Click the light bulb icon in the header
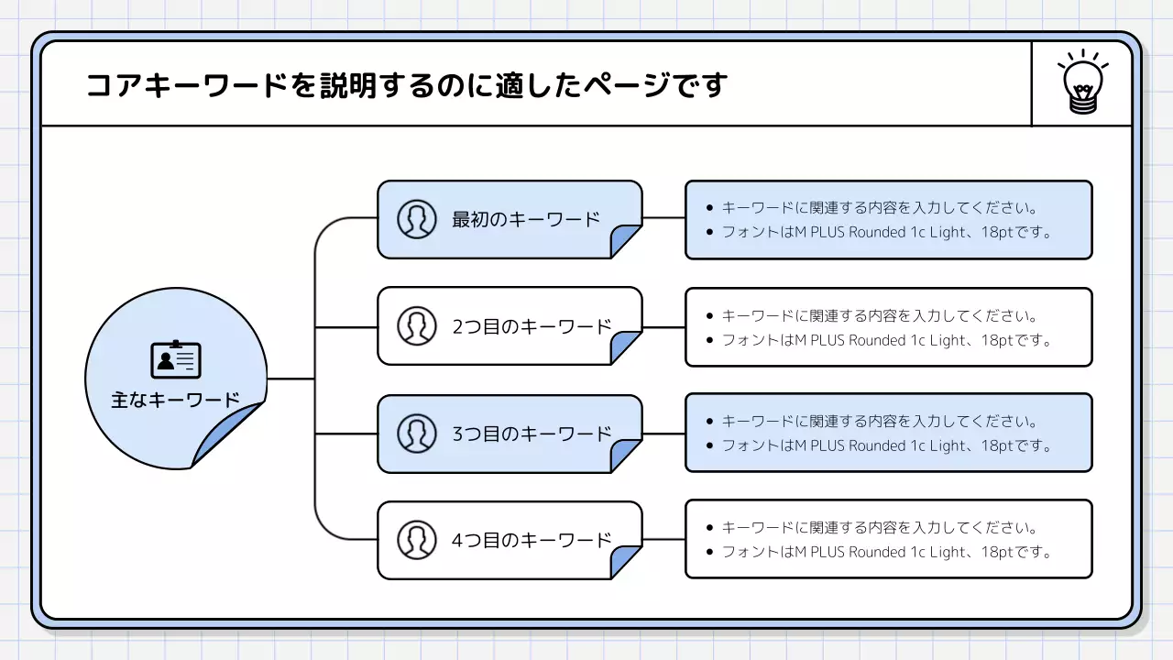(x=1082, y=83)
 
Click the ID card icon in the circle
(x=176, y=359)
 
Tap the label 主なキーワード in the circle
(x=176, y=401)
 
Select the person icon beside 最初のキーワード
(x=417, y=219)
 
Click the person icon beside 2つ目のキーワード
(x=417, y=325)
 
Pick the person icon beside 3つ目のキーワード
(x=417, y=433)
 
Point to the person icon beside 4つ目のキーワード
(x=417, y=539)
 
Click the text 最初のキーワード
(x=526, y=219)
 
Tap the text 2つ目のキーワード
(x=532, y=326)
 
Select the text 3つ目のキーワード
(x=532, y=434)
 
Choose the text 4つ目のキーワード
(x=532, y=540)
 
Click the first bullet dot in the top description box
(x=709, y=208)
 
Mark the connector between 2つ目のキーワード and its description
(x=663, y=326)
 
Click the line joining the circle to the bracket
(x=291, y=379)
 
